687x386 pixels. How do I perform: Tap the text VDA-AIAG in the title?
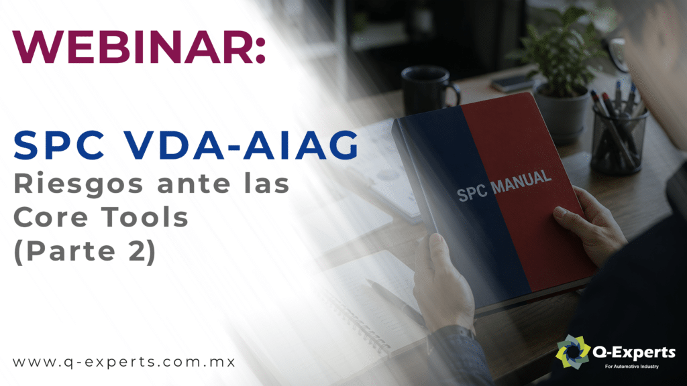point(241,145)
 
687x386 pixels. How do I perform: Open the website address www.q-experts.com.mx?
point(124,363)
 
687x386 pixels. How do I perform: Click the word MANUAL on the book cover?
point(521,181)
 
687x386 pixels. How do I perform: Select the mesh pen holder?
point(618,139)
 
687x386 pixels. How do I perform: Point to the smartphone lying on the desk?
point(512,83)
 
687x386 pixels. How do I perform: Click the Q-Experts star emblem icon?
point(573,351)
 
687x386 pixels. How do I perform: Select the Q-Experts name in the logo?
point(633,352)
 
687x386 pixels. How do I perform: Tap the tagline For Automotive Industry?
point(632,367)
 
